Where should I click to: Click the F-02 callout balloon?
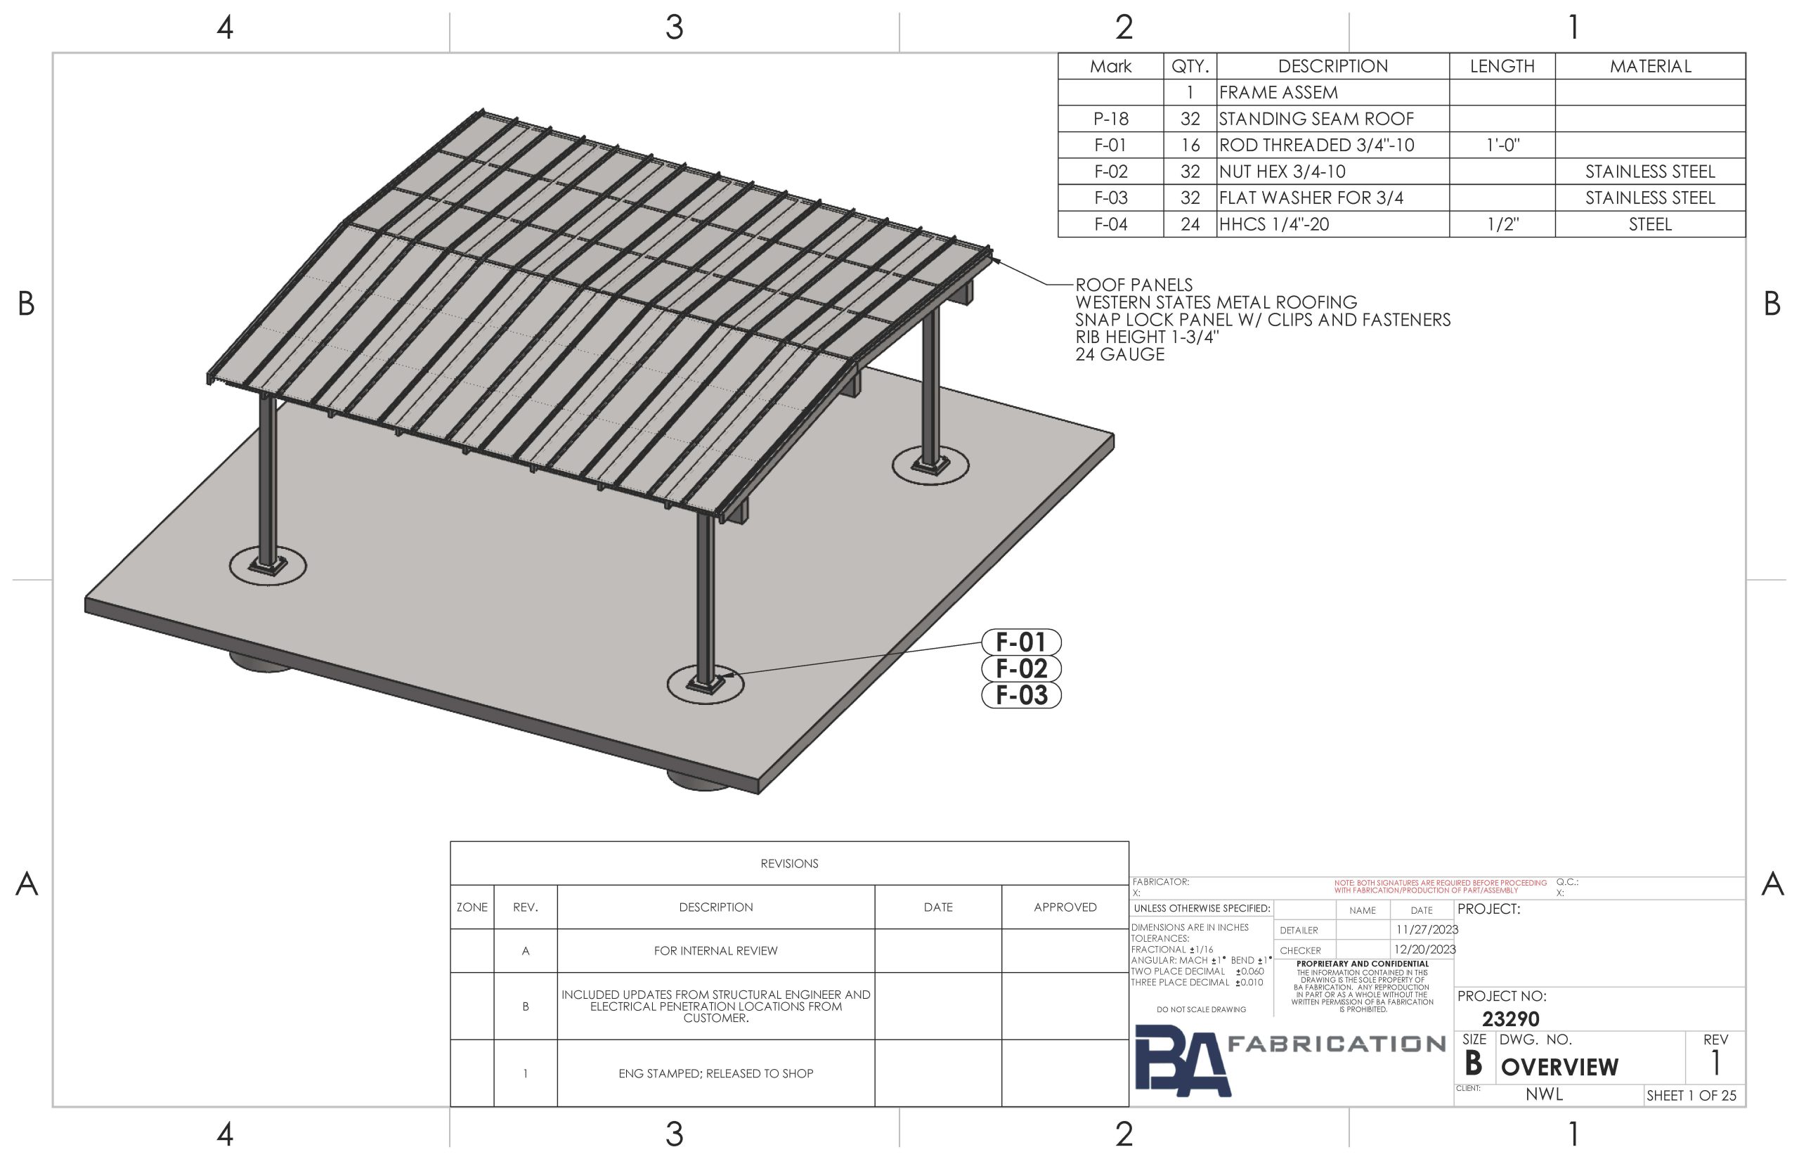1021,668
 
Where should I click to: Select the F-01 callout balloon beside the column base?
1021,642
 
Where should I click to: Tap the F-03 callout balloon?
1021,694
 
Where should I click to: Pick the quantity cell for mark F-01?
1190,145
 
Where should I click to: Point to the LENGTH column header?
1502,66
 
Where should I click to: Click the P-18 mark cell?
1110,119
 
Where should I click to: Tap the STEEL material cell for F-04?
1650,224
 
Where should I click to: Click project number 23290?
1510,1019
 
